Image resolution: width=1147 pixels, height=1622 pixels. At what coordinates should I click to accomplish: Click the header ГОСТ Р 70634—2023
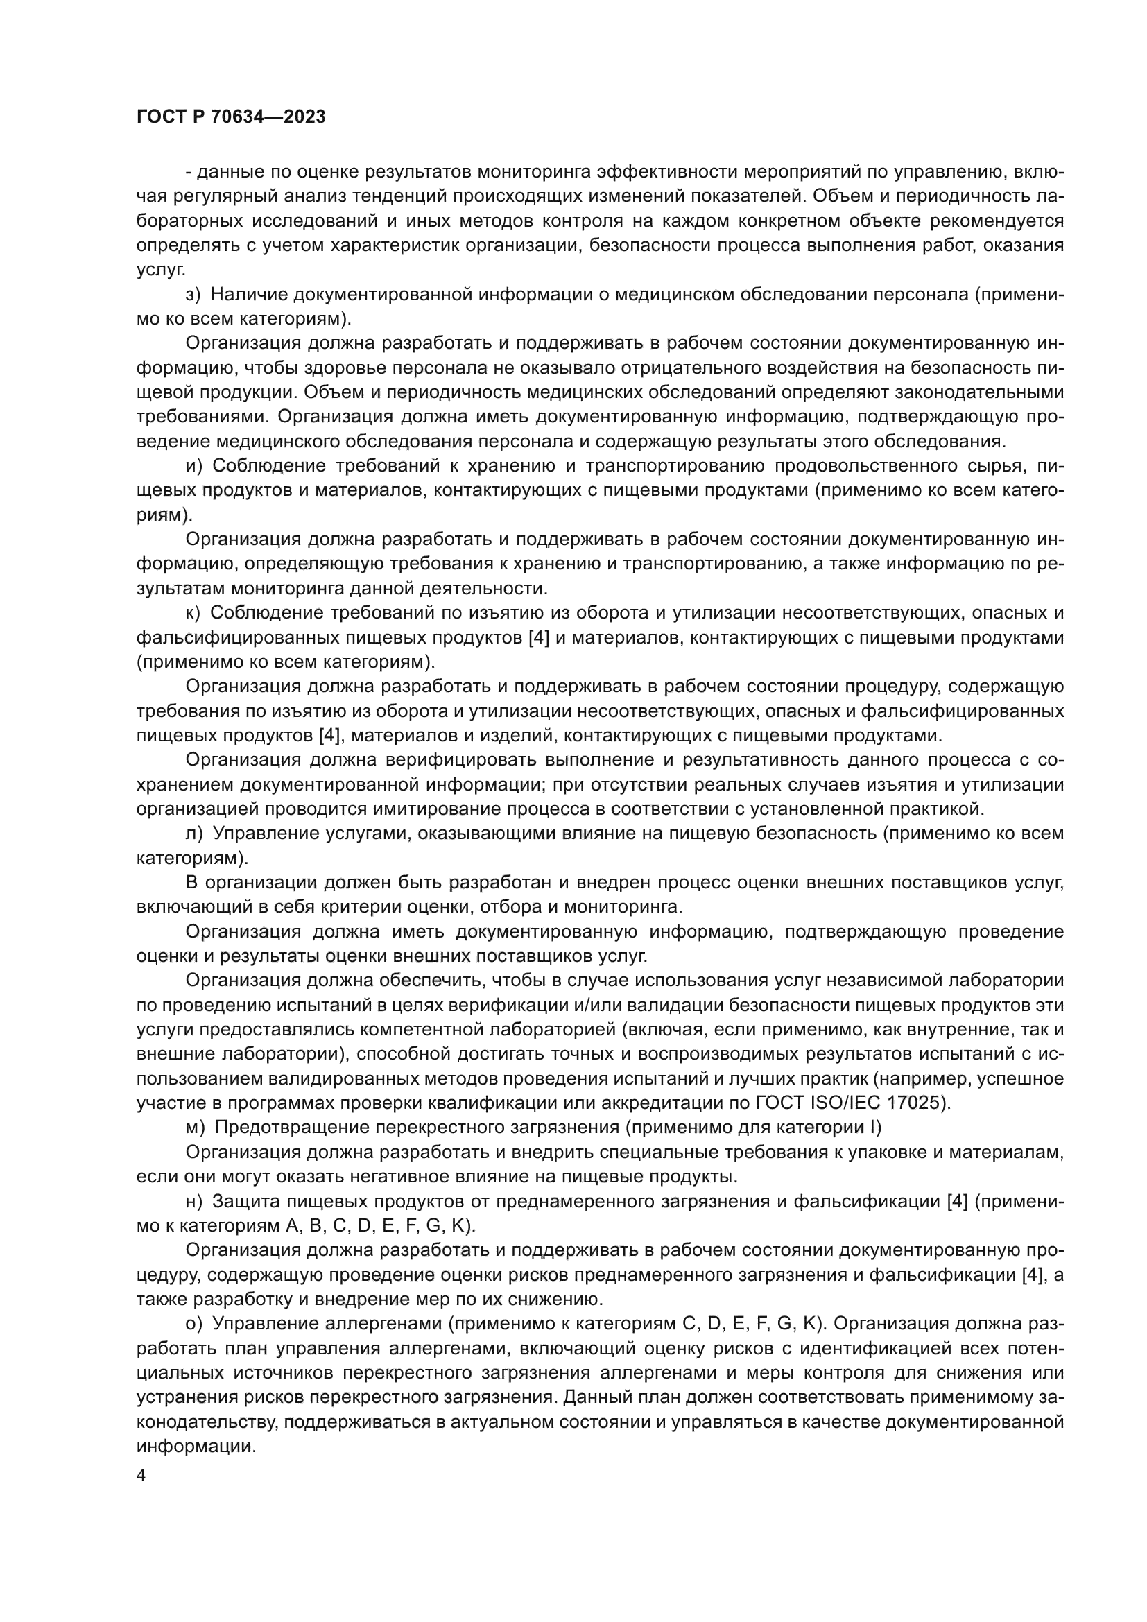coord(231,117)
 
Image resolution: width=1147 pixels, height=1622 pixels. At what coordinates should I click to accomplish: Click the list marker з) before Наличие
coord(193,295)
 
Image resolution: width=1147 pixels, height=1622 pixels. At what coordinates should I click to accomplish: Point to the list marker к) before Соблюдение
coord(193,613)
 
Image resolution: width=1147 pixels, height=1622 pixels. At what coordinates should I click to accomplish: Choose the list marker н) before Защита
coord(193,1201)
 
